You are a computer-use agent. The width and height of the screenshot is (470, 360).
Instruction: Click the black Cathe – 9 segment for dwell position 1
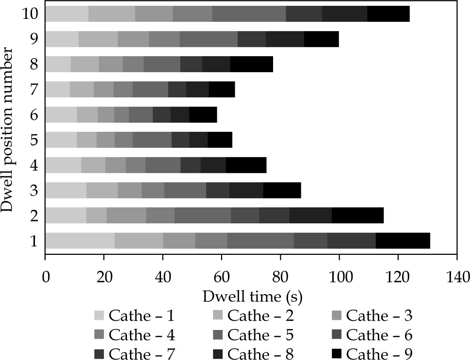403,240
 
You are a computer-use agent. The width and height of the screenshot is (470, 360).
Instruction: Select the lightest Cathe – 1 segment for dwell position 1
80,240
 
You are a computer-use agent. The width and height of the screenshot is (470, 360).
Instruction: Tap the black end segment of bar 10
388,14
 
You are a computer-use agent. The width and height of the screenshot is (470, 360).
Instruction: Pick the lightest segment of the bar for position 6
61,114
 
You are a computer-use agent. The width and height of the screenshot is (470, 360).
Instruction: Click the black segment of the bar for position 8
251,64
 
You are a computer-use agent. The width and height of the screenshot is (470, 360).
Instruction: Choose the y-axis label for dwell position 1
34,240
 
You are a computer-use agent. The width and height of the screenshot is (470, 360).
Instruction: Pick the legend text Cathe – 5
260,334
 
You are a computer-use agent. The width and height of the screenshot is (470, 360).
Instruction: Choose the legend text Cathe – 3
379,316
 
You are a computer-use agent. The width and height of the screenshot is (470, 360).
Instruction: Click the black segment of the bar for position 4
246,165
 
